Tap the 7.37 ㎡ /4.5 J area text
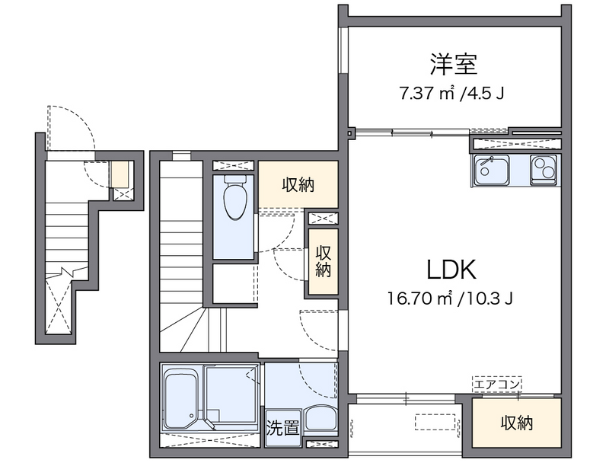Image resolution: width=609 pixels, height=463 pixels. click(x=452, y=94)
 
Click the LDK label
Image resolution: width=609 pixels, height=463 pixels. click(x=451, y=269)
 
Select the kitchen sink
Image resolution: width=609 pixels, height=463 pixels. click(x=492, y=170)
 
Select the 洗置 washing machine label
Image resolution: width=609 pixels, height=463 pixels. click(x=282, y=427)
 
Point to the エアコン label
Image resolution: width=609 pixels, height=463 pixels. click(x=496, y=384)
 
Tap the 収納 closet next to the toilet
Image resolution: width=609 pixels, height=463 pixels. click(x=298, y=184)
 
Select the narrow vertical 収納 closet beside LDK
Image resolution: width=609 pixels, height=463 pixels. click(x=323, y=261)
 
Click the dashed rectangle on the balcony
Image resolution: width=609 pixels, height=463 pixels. click(x=436, y=423)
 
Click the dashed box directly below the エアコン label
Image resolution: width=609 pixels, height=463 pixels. click(x=496, y=395)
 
